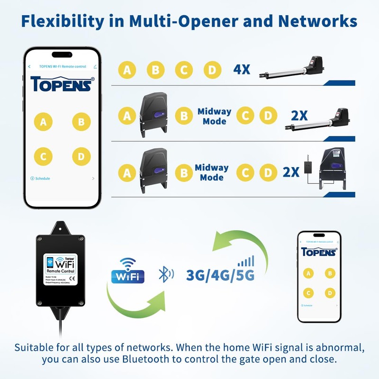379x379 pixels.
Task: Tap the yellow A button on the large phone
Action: coord(44,122)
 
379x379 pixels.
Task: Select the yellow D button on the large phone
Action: coord(81,156)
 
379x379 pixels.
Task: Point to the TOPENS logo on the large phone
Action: coord(63,84)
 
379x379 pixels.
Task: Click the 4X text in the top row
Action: coord(242,70)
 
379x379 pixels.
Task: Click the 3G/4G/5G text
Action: coord(220,275)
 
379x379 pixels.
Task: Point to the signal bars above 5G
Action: coord(246,261)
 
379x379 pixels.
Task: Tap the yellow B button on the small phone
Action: coord(329,273)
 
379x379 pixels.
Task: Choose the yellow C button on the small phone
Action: coord(309,293)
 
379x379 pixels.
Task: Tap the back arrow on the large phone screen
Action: coord(29,67)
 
